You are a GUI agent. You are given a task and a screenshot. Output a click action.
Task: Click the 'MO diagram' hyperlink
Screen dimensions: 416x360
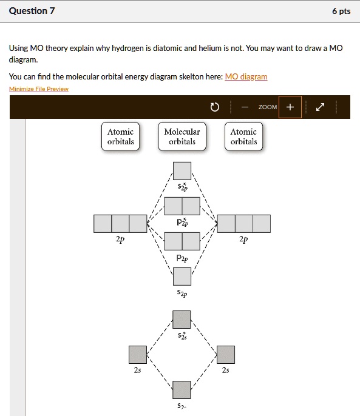[x=246, y=77]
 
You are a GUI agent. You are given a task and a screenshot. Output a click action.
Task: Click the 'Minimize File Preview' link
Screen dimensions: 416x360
[x=39, y=89]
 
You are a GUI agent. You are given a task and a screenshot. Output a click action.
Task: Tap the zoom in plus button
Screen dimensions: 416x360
[x=290, y=107]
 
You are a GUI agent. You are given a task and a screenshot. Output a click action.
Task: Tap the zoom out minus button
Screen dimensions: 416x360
[x=245, y=107]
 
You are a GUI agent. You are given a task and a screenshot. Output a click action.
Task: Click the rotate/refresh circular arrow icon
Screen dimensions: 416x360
[x=214, y=107]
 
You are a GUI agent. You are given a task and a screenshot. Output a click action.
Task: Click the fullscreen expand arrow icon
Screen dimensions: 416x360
[x=321, y=107]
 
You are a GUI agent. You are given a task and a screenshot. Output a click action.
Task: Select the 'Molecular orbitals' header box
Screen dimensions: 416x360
[x=182, y=136]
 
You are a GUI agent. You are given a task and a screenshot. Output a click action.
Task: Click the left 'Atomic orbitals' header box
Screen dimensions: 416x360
[x=120, y=136]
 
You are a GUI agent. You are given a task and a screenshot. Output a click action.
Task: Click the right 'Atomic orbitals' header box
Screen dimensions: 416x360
[x=243, y=136]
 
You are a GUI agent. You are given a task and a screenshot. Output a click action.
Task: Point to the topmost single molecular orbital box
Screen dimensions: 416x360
[x=182, y=171]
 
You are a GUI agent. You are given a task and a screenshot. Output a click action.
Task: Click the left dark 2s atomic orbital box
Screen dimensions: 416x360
[x=138, y=355]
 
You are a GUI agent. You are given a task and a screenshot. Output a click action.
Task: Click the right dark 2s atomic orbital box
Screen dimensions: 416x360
[x=226, y=355]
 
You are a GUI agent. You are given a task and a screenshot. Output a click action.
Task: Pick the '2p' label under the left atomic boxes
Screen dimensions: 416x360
[x=120, y=240]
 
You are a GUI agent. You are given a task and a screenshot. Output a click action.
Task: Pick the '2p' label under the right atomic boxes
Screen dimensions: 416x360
[x=243, y=240]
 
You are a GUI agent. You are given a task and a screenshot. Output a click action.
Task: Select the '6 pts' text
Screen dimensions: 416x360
[x=341, y=11]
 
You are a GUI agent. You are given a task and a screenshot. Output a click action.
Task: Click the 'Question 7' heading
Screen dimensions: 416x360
[x=32, y=11]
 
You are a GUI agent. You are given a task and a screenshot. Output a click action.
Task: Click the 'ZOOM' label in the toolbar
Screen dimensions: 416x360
[x=267, y=107]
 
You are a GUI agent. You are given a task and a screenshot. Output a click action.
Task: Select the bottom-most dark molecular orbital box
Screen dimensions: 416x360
[x=182, y=389]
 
